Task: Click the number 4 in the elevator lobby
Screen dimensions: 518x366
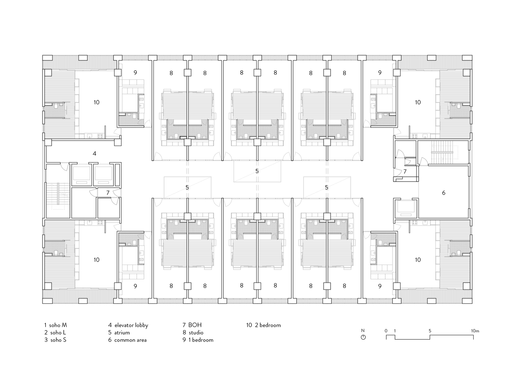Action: coord(94,153)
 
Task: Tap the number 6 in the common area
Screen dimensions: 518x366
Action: coord(444,193)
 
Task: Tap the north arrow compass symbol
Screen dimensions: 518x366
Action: coord(363,337)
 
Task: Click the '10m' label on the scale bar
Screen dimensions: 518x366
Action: coord(475,331)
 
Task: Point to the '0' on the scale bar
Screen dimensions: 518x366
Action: coord(386,331)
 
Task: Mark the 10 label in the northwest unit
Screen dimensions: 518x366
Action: coord(96,102)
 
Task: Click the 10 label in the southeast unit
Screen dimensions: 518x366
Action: coord(418,259)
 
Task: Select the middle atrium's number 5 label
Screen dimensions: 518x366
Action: coord(257,171)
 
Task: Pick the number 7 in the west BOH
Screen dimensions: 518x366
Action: coord(108,193)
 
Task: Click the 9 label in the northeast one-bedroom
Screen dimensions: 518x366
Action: coord(380,72)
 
